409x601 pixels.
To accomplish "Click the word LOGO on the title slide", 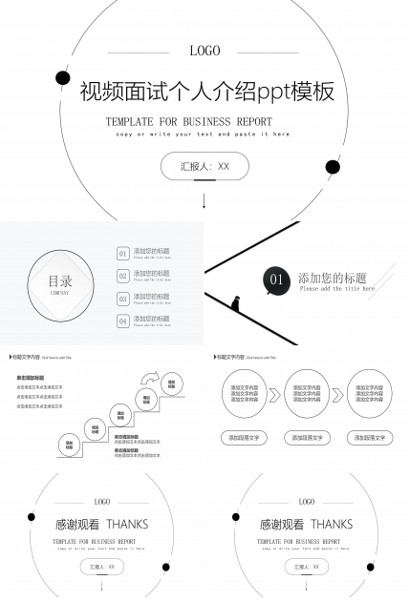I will tap(204, 52).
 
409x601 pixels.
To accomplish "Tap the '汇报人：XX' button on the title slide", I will tap(204, 166).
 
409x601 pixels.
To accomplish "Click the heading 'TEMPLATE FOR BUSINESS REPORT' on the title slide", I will tap(189, 122).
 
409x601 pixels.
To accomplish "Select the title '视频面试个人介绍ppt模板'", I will tap(207, 92).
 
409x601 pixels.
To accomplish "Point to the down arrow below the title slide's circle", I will tap(204, 200).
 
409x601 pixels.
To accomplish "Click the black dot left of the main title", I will tap(63, 77).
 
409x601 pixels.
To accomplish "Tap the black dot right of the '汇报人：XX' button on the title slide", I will tap(333, 167).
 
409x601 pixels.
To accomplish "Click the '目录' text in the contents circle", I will tap(60, 281).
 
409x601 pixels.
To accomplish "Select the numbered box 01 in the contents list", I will tap(122, 254).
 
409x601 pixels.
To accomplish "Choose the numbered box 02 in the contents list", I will tap(122, 277).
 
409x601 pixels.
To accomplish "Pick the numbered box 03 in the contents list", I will tap(122, 300).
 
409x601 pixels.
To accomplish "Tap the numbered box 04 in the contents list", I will tap(122, 321).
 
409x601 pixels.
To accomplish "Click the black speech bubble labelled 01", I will tap(276, 280).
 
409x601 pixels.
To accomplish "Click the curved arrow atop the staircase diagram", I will tap(150, 379).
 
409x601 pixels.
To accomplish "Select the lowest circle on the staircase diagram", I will tap(70, 444).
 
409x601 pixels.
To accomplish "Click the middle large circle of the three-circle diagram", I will tap(307, 394).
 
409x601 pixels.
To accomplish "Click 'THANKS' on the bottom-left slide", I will tap(127, 524).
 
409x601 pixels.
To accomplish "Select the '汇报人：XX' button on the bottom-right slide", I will tap(306, 567).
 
